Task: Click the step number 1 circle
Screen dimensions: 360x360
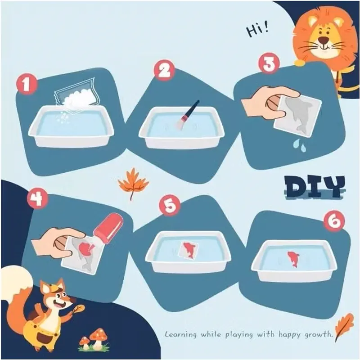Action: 27,84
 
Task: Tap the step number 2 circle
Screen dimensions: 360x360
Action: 164,70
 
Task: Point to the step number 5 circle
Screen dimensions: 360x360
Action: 170,205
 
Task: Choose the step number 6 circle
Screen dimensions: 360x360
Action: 334,221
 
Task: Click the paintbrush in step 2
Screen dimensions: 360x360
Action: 187,116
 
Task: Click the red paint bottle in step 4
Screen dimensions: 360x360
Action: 108,231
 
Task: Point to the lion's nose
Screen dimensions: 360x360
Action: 324,40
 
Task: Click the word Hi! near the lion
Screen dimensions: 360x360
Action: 257,30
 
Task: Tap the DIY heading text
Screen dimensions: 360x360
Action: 314,187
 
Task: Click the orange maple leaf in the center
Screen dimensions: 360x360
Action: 133,183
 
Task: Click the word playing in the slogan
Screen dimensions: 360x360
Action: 239,334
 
